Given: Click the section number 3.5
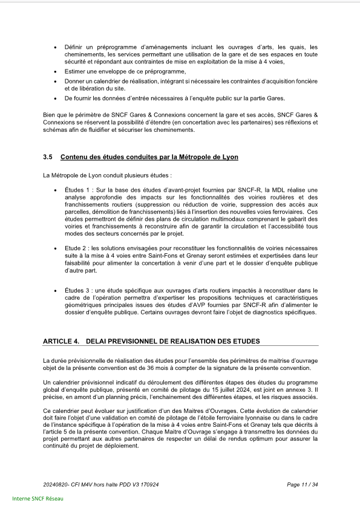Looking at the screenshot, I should click(x=48, y=157).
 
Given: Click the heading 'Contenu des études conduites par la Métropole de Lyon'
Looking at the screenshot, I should click(x=149, y=157).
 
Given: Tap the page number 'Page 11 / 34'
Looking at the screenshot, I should click(x=302, y=485).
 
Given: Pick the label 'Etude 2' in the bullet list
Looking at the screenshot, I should click(x=76, y=248).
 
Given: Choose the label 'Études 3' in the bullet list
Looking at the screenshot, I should click(x=76, y=291).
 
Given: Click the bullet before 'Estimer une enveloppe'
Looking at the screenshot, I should click(x=56, y=72).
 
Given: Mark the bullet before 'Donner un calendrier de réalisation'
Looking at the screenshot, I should click(x=56, y=81).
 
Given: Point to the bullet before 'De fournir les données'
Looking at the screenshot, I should click(x=56, y=98).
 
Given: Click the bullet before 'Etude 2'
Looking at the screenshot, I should click(x=56, y=248).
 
